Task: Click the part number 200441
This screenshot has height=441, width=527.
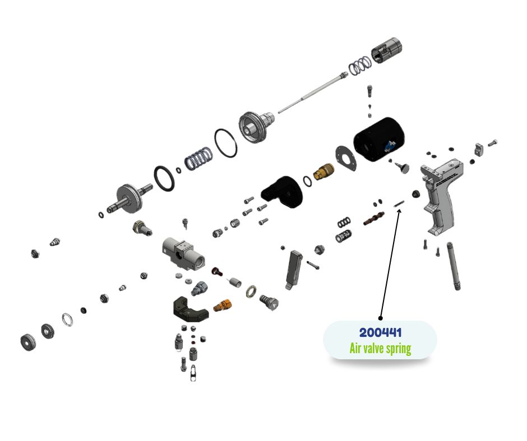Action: pyautogui.click(x=380, y=332)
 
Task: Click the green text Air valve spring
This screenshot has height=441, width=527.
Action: pyautogui.click(x=380, y=349)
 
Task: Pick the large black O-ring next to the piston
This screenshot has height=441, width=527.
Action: pyautogui.click(x=226, y=143)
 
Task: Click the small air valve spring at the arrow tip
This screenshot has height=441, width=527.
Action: pyautogui.click(x=399, y=205)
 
